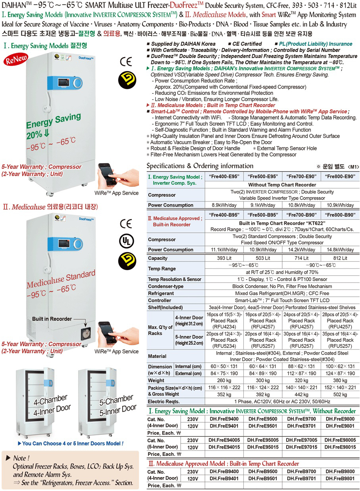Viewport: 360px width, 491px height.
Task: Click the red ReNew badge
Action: coord(16,61)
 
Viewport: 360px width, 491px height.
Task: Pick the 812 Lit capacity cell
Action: coord(340,258)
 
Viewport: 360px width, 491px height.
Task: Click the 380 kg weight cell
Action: coord(340,380)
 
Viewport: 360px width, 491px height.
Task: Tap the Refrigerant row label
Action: coord(161,293)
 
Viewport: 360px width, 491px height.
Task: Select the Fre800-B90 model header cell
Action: coord(340,215)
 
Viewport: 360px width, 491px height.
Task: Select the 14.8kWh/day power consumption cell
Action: coord(340,250)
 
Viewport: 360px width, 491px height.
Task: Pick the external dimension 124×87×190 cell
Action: coord(340,373)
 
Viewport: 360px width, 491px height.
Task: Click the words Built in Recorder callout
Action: coord(52,319)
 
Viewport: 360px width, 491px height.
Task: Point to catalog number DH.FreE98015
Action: coord(340,447)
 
